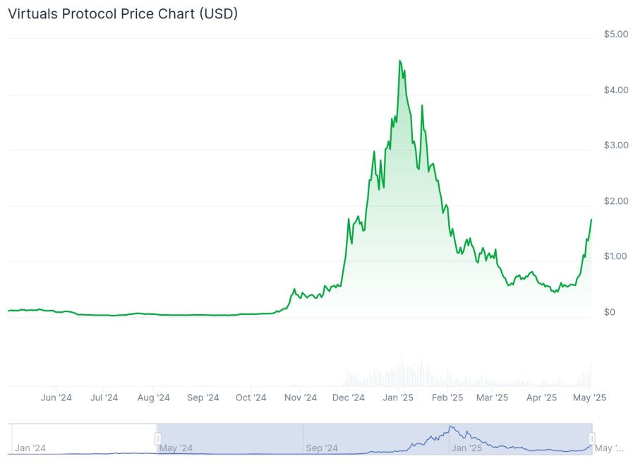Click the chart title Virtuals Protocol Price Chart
click(122, 14)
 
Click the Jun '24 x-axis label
click(56, 398)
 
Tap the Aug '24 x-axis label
click(154, 398)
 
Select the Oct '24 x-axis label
click(251, 398)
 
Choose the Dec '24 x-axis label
click(349, 398)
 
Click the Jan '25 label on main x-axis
click(398, 398)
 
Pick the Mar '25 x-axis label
click(492, 398)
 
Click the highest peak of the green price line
click(400, 61)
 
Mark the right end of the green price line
click(591, 220)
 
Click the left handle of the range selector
click(157, 439)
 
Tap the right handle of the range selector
click(592, 439)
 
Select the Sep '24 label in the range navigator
click(322, 448)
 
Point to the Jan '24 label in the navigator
click(30, 448)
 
